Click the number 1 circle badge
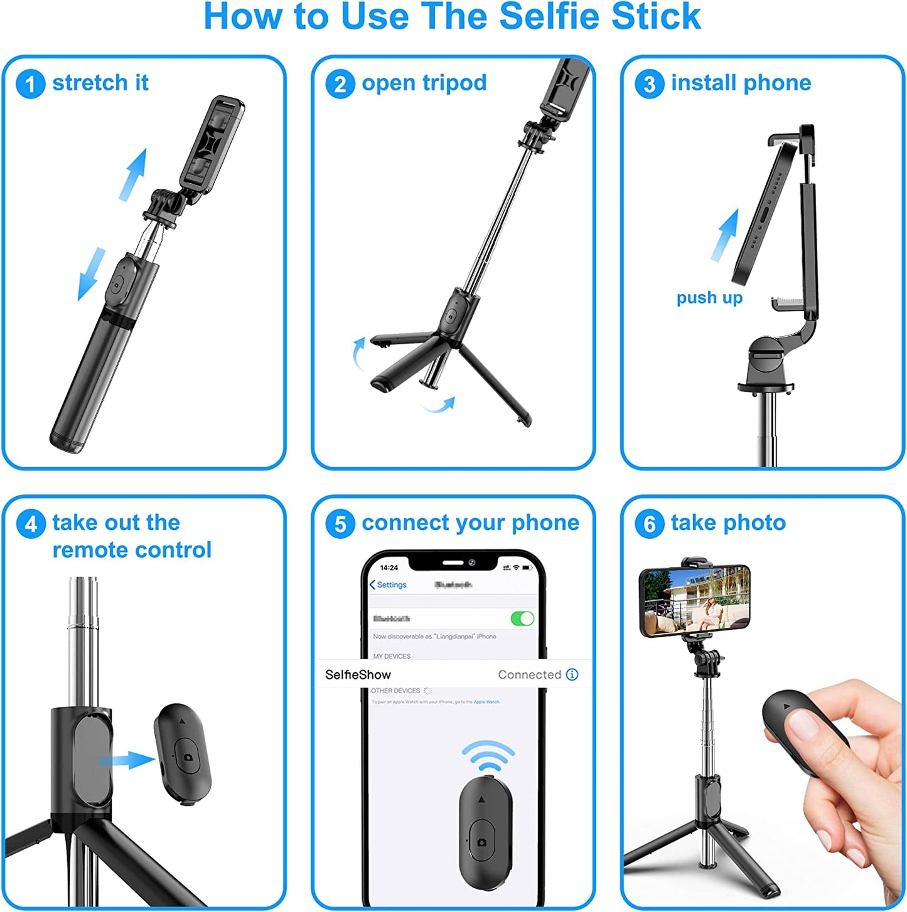30,84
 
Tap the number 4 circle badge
30,524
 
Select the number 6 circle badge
649,524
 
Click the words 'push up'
709,297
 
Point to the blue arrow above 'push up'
725,236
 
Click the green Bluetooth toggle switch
522,618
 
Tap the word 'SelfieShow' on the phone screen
358,675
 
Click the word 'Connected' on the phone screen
529,675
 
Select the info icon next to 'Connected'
572,674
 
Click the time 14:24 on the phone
389,568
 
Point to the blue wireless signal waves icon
488,755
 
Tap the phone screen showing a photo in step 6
695,600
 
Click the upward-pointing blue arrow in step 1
133,174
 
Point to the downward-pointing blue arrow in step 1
92,275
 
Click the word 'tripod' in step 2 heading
454,83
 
